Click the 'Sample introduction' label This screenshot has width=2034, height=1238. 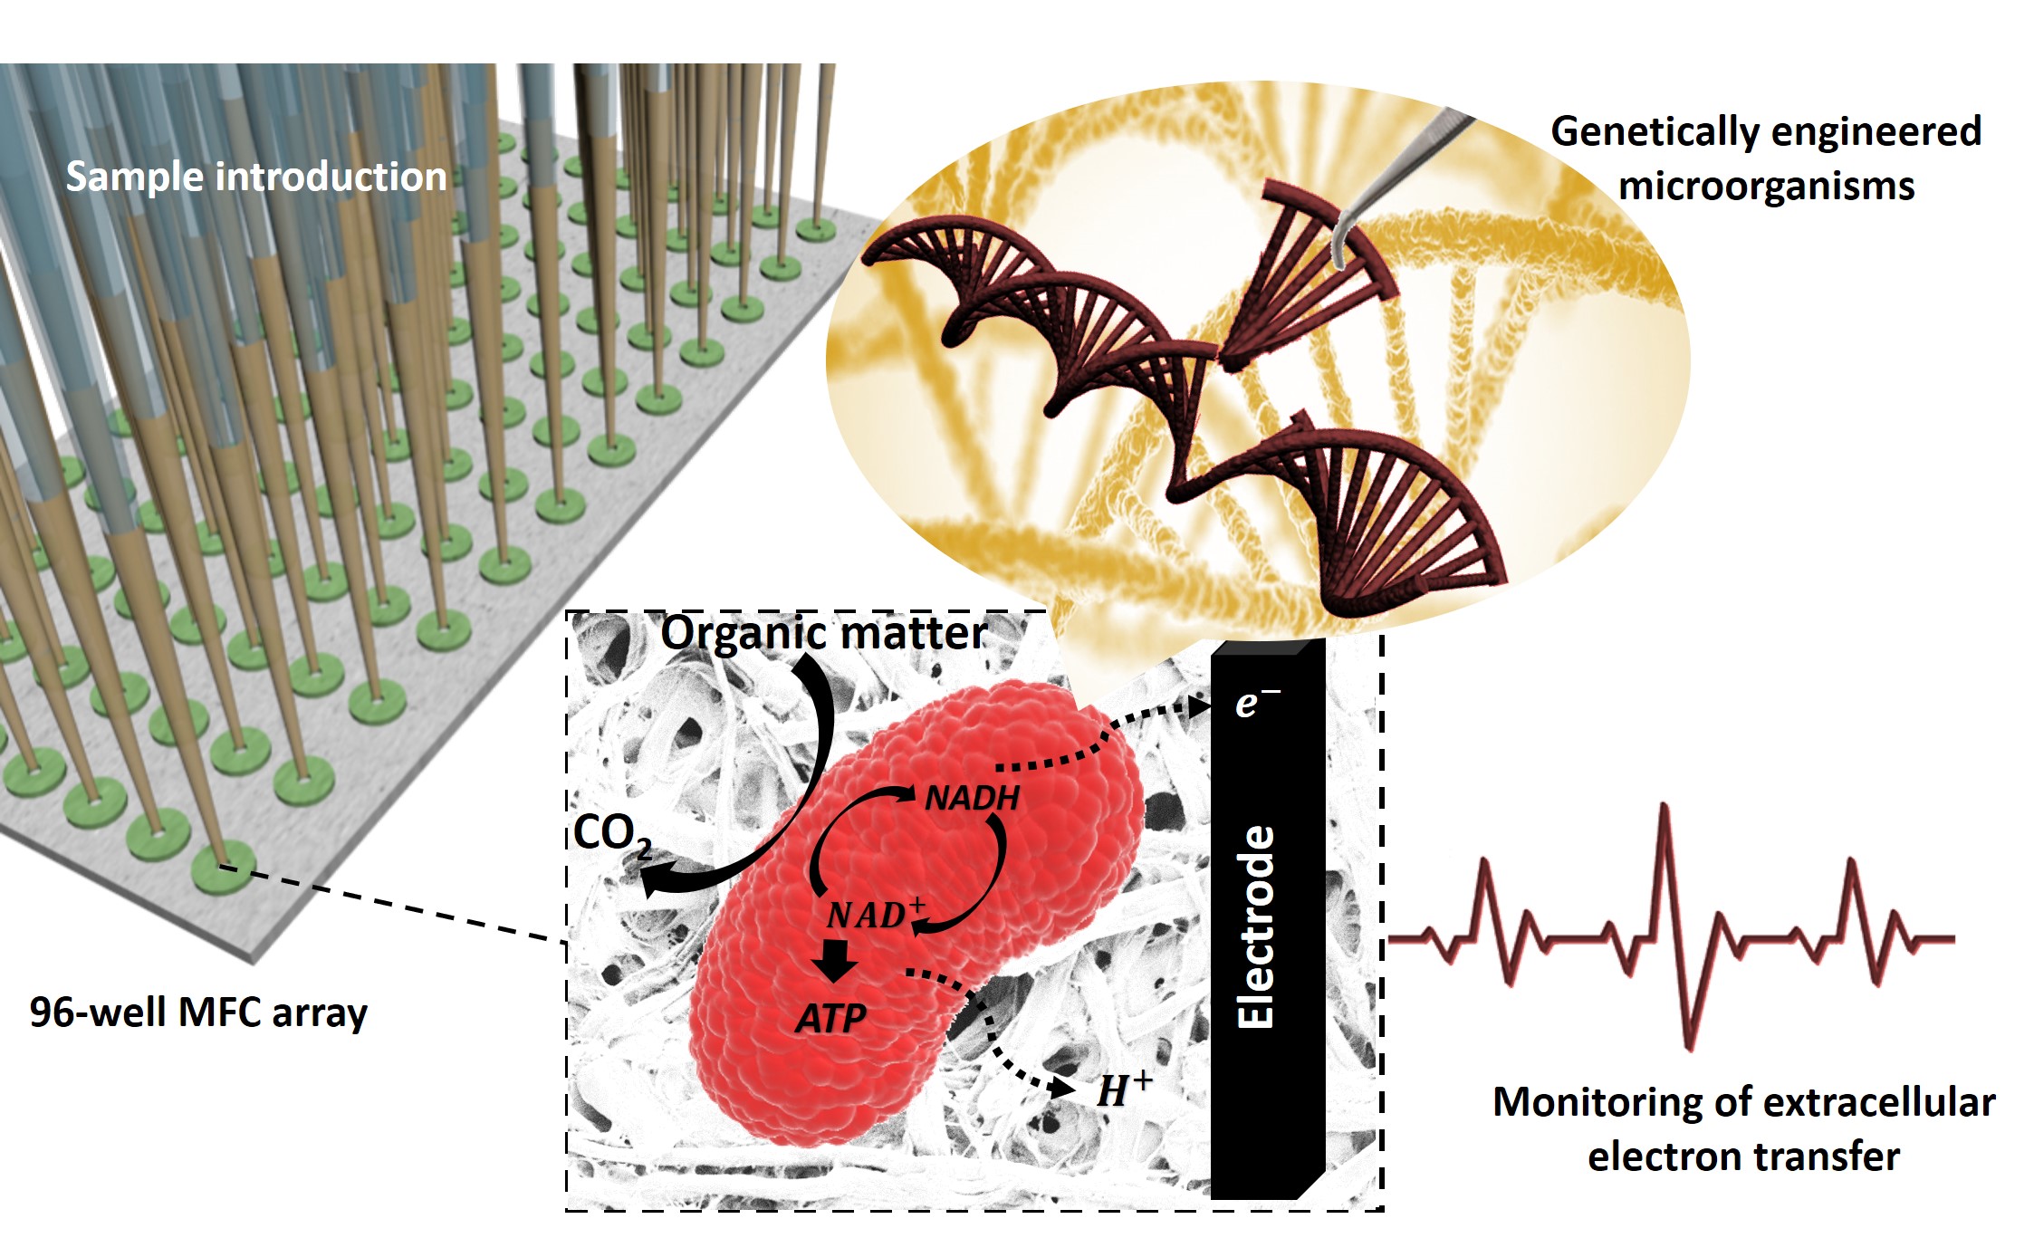[x=256, y=177]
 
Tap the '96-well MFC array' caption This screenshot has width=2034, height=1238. [x=198, y=1012]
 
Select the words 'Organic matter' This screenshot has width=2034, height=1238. [x=823, y=632]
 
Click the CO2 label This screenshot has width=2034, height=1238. [x=611, y=834]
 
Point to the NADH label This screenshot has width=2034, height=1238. [x=972, y=798]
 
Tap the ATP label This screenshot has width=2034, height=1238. [x=831, y=1019]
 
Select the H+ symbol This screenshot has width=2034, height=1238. [x=1123, y=1089]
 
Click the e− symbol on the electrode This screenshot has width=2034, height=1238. [x=1257, y=702]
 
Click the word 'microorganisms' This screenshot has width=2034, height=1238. [x=1766, y=187]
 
